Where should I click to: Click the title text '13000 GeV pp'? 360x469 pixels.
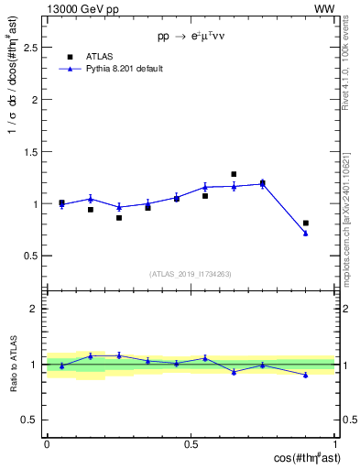[x=74, y=9]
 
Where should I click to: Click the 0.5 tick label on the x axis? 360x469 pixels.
[x=191, y=444]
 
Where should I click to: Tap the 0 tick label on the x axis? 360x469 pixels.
[x=47, y=444]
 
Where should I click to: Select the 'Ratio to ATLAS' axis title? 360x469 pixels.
[x=13, y=364]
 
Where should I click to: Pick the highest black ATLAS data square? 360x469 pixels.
[x=234, y=174]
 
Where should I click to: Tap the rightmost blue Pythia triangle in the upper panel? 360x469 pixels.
[x=306, y=234]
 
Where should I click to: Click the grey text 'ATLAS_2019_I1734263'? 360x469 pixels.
[x=191, y=273]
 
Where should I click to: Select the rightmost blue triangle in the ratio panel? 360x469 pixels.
[x=306, y=375]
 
